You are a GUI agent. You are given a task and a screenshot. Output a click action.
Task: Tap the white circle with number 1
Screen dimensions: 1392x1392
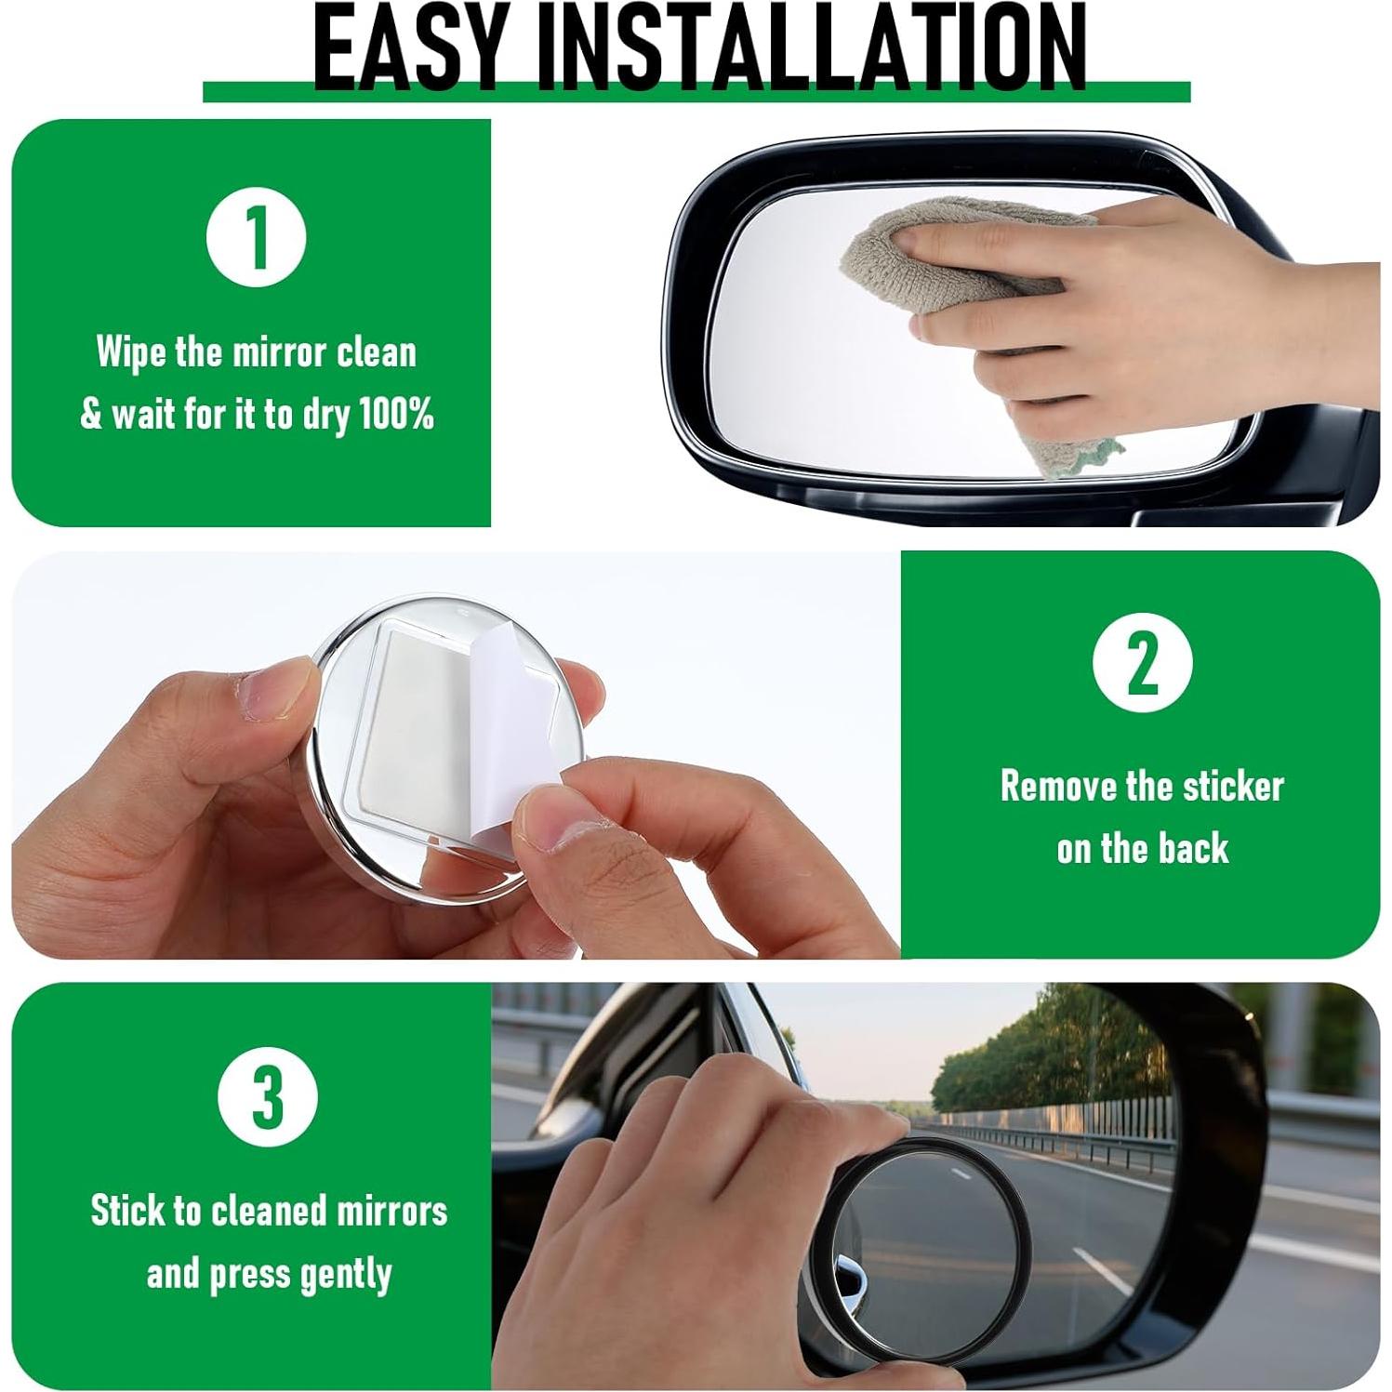pyautogui.click(x=256, y=237)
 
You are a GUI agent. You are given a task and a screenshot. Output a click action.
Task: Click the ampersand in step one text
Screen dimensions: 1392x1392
pyautogui.click(x=91, y=415)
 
